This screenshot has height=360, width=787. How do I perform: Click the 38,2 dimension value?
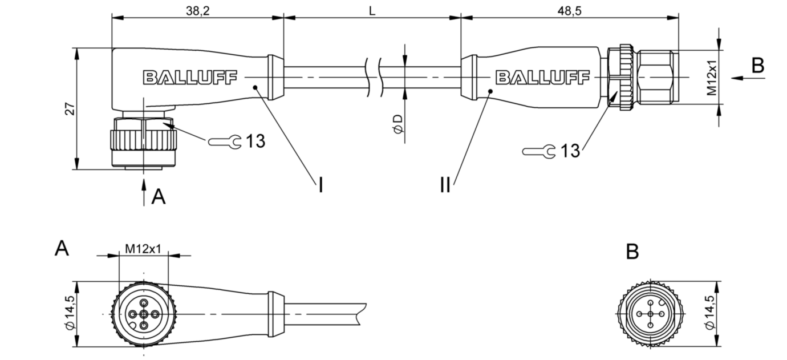pyautogui.click(x=198, y=11)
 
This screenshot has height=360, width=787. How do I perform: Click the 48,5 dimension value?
pyautogui.click(x=570, y=11)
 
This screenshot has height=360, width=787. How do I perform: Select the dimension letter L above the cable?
pyautogui.click(x=372, y=11)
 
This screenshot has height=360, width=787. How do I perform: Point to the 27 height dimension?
pyautogui.click(x=70, y=109)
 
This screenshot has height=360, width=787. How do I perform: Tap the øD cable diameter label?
pyautogui.click(x=398, y=124)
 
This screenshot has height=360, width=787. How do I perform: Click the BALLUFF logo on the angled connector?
pyautogui.click(x=190, y=78)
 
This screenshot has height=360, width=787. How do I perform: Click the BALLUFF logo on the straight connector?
pyautogui.click(x=542, y=78)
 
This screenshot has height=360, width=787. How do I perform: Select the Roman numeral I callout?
pyautogui.click(x=321, y=185)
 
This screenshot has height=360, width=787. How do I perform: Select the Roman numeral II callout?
pyautogui.click(x=445, y=185)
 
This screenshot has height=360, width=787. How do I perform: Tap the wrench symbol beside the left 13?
pyautogui.click(x=225, y=142)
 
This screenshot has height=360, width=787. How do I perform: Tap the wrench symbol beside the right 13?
pyautogui.click(x=538, y=152)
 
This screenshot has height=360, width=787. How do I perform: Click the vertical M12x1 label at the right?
pyautogui.click(x=712, y=78)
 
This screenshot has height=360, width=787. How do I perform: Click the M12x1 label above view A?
pyautogui.click(x=143, y=249)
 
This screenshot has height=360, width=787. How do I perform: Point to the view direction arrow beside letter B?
pyautogui.click(x=748, y=78)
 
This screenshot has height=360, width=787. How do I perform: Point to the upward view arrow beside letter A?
pyautogui.click(x=143, y=192)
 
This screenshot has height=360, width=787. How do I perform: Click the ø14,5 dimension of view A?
pyautogui.click(x=70, y=313)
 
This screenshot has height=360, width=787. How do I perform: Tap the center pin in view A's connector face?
pyautogui.click(x=143, y=314)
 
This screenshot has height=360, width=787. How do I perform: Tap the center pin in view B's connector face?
pyautogui.click(x=651, y=314)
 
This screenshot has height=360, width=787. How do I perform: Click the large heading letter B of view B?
pyautogui.click(x=632, y=252)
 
